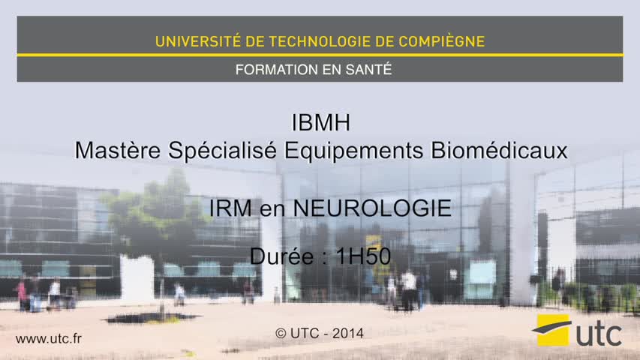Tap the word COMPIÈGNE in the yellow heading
pyautogui.click(x=442, y=41)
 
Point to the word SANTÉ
pyautogui.click(x=368, y=70)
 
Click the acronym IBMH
pyautogui.click(x=321, y=122)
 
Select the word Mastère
pyautogui.click(x=118, y=150)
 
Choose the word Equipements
pyautogui.click(x=353, y=151)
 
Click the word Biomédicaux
pyautogui.click(x=499, y=150)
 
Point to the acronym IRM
pyautogui.click(x=230, y=208)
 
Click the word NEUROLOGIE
pyautogui.click(x=372, y=208)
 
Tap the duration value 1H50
pyautogui.click(x=363, y=256)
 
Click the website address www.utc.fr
pyautogui.click(x=49, y=339)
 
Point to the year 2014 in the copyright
pyautogui.click(x=347, y=334)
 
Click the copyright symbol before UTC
pyautogui.click(x=281, y=334)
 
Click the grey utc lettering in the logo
pyautogui.click(x=599, y=334)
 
